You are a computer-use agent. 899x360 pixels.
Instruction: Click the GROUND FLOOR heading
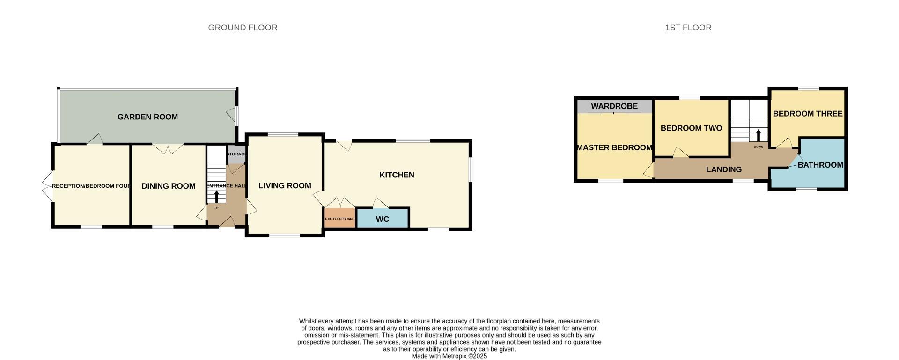[243, 28]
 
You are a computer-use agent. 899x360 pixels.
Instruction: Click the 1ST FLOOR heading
[688, 28]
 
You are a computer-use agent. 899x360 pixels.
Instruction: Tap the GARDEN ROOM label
[147, 117]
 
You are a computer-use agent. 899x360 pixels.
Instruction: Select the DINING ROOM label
[169, 186]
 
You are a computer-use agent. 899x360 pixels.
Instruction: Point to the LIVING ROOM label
[285, 186]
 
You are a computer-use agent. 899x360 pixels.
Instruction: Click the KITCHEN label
[397, 175]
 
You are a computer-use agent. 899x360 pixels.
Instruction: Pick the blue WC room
[383, 219]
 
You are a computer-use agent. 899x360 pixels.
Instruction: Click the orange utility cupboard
[339, 219]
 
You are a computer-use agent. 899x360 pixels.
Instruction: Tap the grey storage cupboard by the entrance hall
[236, 154]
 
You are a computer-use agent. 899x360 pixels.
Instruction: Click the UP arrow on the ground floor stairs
[216, 196]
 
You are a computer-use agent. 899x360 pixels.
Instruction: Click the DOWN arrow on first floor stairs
[759, 135]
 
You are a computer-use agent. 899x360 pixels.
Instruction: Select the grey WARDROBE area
[614, 106]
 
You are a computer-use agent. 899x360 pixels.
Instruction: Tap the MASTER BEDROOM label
[614, 148]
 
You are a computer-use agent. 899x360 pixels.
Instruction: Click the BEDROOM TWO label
[691, 128]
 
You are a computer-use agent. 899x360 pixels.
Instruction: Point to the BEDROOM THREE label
[807, 114]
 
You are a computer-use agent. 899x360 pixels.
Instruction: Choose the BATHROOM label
[820, 165]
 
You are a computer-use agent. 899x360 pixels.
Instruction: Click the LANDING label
[723, 170]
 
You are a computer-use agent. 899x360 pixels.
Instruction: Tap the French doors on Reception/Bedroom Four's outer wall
[47, 186]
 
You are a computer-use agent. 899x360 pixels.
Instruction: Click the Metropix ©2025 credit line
[449, 356]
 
